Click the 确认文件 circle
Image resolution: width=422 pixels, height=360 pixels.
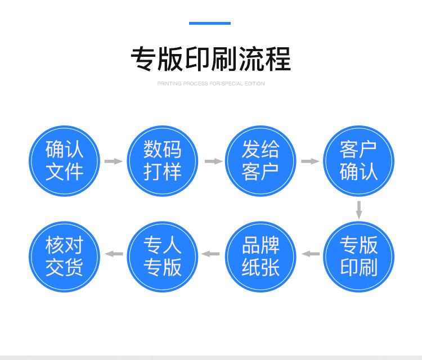tap(65, 161)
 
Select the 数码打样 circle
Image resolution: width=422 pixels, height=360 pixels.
tap(163, 161)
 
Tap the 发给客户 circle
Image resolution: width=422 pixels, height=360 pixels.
tap(261, 161)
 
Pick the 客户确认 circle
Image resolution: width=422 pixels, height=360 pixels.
tap(358, 161)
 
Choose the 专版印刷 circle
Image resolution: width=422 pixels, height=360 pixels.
tap(358, 256)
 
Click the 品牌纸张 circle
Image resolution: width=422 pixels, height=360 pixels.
tap(261, 256)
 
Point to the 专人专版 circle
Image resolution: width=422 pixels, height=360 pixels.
tap(163, 256)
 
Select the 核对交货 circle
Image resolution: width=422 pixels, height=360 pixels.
tap(65, 256)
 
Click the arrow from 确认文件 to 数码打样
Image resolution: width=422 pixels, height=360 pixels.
tap(114, 161)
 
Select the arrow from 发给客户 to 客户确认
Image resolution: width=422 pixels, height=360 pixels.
tap(310, 161)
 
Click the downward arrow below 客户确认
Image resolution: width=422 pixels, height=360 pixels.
tap(359, 210)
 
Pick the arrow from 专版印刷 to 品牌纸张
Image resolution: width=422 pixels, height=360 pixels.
tap(310, 254)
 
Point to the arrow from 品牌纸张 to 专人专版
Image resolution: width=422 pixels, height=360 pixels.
tap(212, 254)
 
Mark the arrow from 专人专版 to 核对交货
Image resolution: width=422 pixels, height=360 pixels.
tap(114, 254)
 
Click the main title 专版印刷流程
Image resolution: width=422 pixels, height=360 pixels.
tap(211, 58)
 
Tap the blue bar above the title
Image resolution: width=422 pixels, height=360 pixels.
tap(210, 23)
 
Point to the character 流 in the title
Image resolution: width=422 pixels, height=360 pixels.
tap(250, 58)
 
